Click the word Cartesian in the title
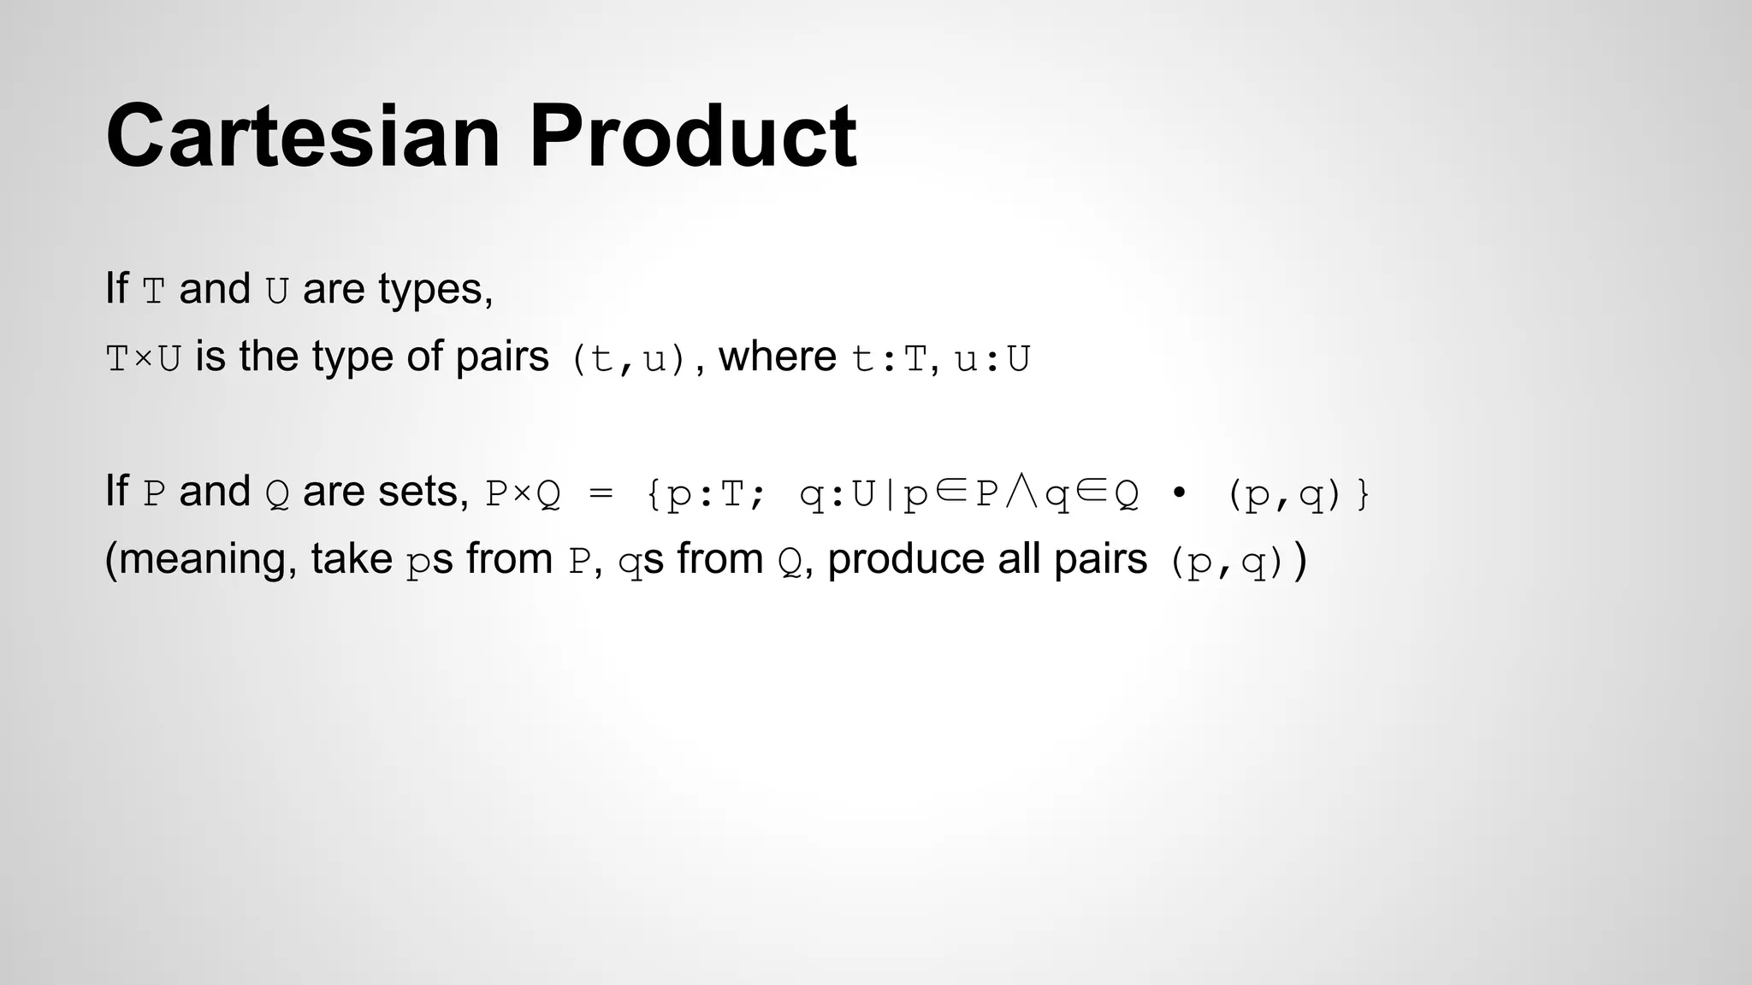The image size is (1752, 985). point(303,137)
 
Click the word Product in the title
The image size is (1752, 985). point(693,137)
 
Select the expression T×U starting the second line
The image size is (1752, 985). point(143,359)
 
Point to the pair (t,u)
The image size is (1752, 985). point(629,359)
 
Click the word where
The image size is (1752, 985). point(777,357)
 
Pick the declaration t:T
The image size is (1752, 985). point(890,359)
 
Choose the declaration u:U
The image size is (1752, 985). point(992,359)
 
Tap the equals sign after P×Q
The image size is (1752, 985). point(601,494)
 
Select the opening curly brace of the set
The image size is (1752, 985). point(654,494)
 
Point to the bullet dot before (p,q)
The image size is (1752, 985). point(1179,493)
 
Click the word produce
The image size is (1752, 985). point(905,560)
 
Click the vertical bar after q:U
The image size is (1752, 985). point(890,494)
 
